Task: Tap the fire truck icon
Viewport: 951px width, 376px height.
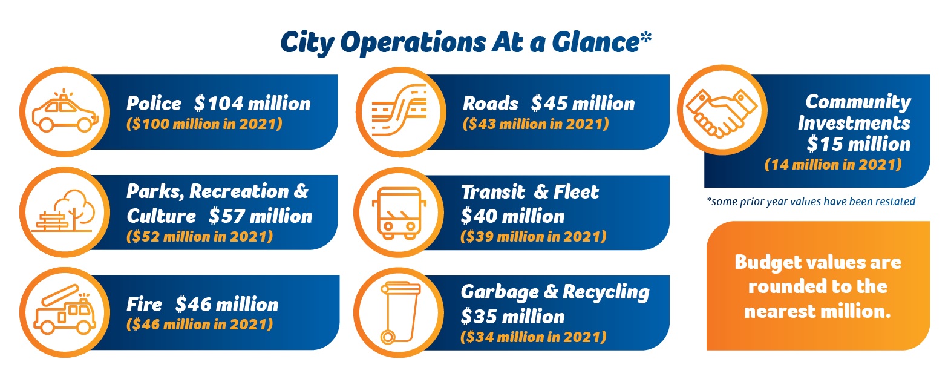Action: [x=65, y=310]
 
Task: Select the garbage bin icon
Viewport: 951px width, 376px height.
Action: [x=400, y=312]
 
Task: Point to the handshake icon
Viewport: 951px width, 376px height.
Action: [x=722, y=113]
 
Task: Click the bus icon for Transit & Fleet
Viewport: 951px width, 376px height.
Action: [x=399, y=213]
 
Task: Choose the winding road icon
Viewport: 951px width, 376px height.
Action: [x=399, y=110]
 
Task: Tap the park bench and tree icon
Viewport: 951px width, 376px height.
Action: [x=64, y=211]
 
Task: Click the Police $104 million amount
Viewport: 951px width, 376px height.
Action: [x=252, y=104]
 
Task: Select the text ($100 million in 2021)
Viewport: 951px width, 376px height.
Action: [x=204, y=124]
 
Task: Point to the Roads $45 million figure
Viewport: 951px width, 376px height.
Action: [x=583, y=104]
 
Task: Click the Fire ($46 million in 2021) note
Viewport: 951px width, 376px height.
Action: [x=200, y=325]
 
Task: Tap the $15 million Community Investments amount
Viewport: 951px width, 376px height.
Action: [x=858, y=143]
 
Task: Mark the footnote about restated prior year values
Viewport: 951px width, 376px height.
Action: [x=811, y=202]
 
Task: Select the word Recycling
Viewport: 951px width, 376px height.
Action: [x=606, y=292]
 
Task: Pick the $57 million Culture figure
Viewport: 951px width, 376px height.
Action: [x=260, y=216]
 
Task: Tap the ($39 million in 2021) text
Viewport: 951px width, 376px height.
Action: [x=533, y=237]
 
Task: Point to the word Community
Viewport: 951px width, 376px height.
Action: [x=858, y=102]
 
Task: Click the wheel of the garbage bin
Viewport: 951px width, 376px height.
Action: [x=388, y=337]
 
